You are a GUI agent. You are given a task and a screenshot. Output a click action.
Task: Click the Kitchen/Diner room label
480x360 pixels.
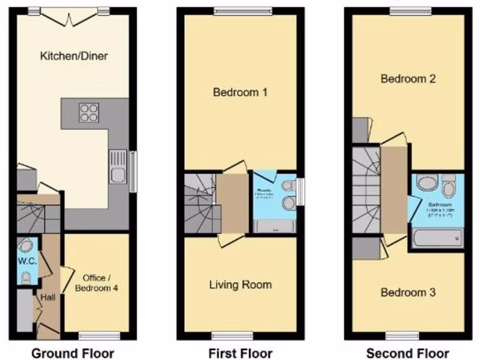click(x=74, y=56)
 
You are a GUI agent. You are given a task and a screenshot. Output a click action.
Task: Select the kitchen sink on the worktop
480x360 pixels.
click(x=118, y=167)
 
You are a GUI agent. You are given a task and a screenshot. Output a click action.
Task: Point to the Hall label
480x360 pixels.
click(x=47, y=297)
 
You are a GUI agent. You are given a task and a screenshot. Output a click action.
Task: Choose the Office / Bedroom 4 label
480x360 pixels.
click(x=97, y=283)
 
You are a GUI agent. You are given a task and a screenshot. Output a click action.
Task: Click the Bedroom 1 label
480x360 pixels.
click(x=240, y=92)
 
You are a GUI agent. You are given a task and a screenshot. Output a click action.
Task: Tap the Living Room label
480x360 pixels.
click(x=240, y=285)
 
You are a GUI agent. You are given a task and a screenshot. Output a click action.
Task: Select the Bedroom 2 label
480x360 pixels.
click(x=408, y=78)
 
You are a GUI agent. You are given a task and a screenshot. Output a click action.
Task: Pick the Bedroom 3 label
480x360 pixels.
click(x=408, y=292)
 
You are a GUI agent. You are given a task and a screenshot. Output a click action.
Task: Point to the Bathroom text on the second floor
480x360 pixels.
click(x=439, y=205)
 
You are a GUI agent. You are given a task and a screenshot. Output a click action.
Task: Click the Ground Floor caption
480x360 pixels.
click(x=73, y=353)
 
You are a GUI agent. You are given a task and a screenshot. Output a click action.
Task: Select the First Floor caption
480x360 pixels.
click(x=240, y=353)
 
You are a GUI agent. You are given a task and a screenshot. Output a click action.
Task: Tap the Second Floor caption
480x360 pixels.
click(x=408, y=353)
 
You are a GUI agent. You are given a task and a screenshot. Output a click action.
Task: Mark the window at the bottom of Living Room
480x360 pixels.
click(x=232, y=336)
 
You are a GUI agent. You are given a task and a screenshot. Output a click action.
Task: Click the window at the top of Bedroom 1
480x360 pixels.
click(x=243, y=10)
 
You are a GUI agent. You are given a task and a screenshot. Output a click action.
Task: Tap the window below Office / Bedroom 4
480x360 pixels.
click(x=99, y=336)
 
